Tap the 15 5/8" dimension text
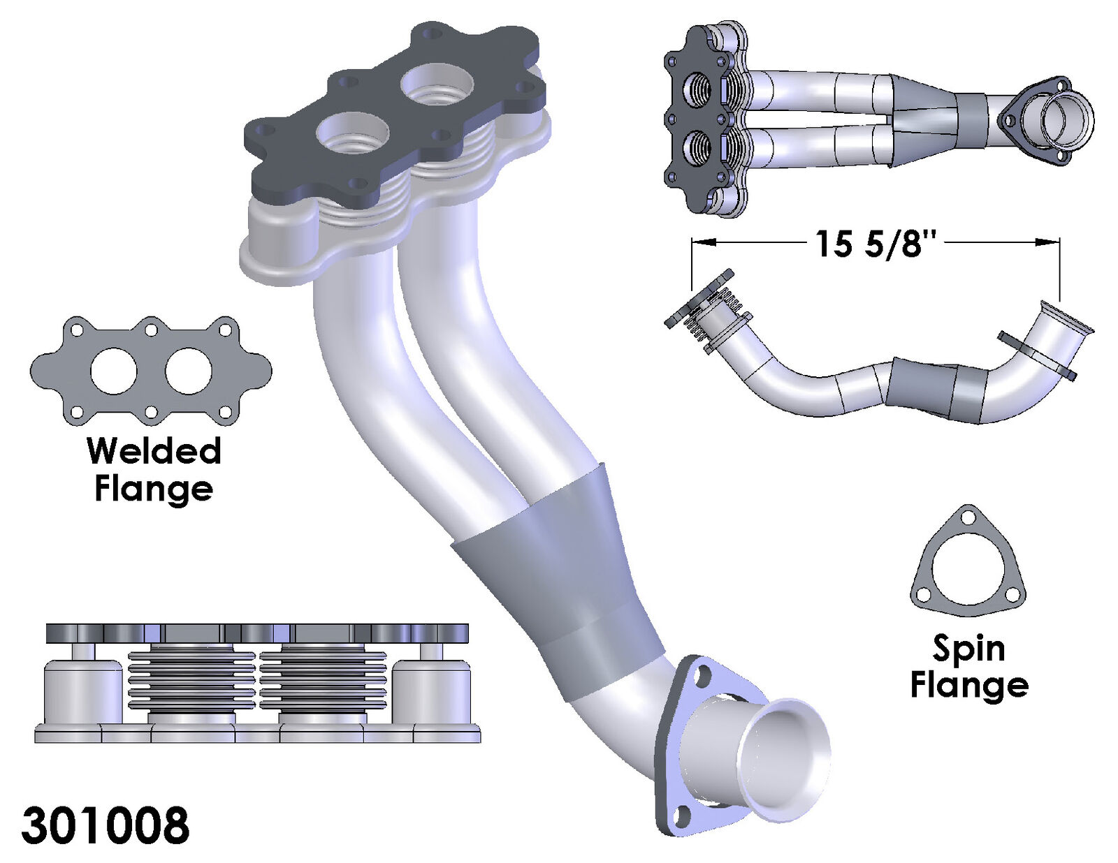874,244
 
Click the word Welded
154,451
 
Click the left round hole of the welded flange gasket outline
113,371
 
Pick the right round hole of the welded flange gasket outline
188,371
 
